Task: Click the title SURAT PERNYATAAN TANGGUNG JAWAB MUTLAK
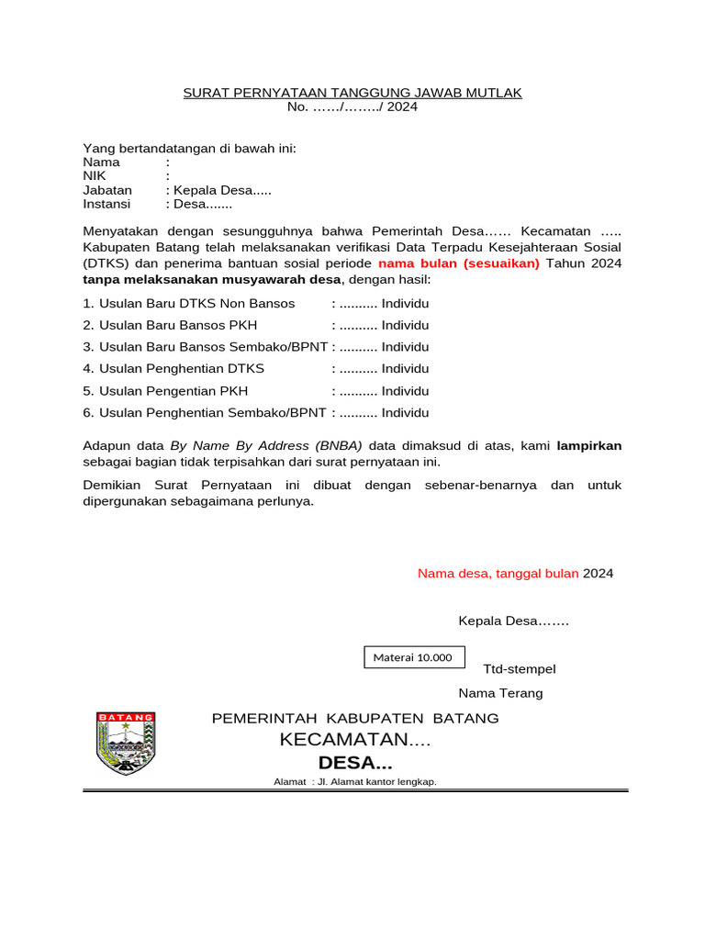point(352,93)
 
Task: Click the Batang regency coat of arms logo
point(126,743)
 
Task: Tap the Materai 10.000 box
point(413,657)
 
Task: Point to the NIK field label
point(95,175)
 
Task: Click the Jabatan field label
point(107,190)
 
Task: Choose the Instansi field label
point(106,204)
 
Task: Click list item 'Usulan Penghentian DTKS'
point(181,369)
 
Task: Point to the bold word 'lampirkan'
point(589,446)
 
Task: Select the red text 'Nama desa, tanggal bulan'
point(498,574)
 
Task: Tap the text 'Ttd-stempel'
point(519,669)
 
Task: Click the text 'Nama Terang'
point(500,693)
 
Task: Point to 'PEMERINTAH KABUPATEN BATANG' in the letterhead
point(355,718)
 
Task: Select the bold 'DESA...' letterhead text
point(354,763)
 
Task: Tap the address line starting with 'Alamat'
point(354,782)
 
